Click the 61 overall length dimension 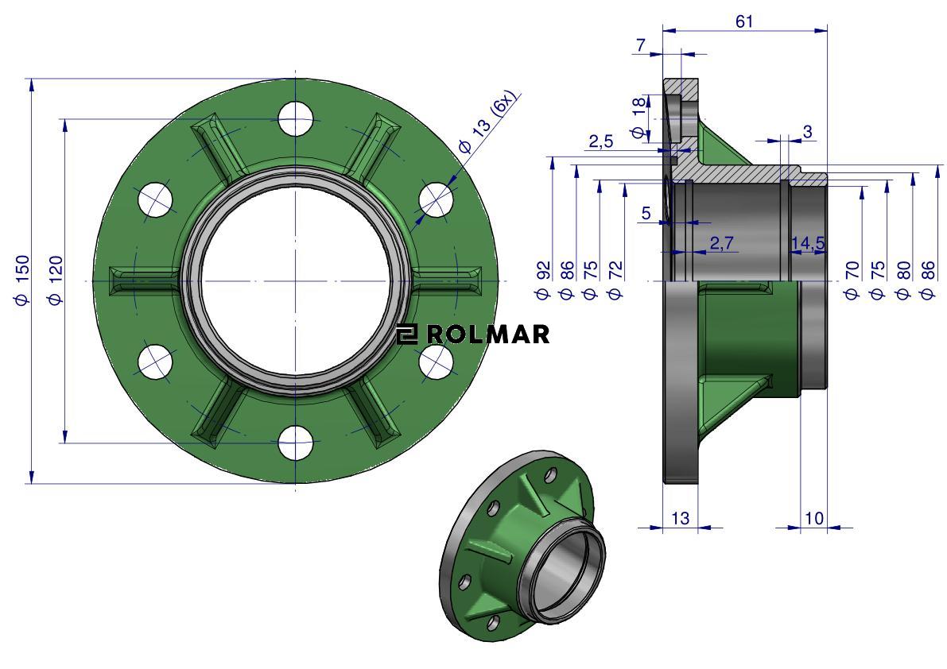pyautogui.click(x=744, y=21)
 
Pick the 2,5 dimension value pyautogui.click(x=601, y=141)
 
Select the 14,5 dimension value pyautogui.click(x=808, y=243)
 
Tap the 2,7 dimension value pyautogui.click(x=721, y=243)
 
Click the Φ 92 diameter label pyautogui.click(x=544, y=280)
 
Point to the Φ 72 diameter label pyautogui.click(x=615, y=280)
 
